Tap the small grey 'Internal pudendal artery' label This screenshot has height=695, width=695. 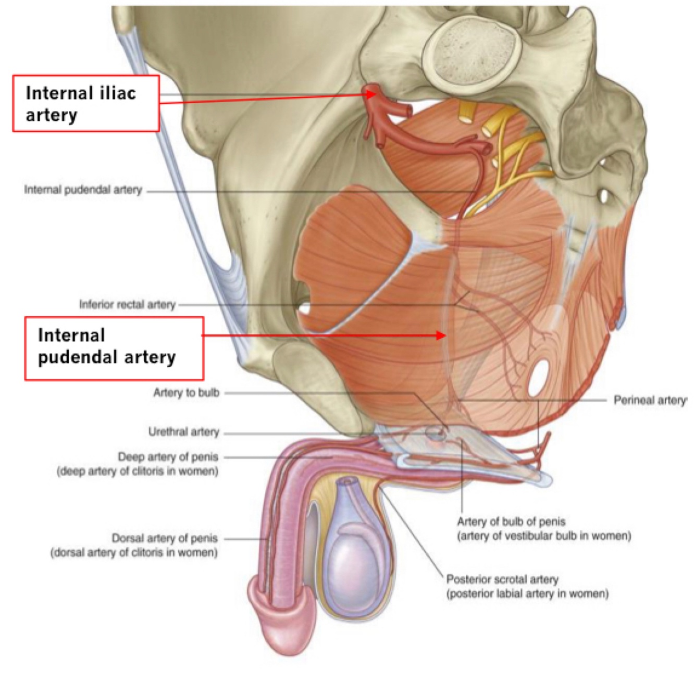[83, 190]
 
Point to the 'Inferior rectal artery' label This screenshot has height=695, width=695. [127, 304]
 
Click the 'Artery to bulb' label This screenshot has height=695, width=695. [186, 393]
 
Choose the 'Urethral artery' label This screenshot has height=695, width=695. [183, 432]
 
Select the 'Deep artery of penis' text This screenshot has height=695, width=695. [168, 457]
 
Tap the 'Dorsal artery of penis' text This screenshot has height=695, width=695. [165, 538]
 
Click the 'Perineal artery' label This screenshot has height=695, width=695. [650, 400]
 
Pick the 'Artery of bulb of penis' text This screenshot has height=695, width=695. [511, 522]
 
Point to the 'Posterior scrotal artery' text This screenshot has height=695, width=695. [502, 579]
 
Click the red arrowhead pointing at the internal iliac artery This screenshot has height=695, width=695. [371, 94]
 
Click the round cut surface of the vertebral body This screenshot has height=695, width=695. [472, 52]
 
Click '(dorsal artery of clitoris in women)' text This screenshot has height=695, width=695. [134, 552]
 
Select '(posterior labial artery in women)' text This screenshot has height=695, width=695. [527, 593]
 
